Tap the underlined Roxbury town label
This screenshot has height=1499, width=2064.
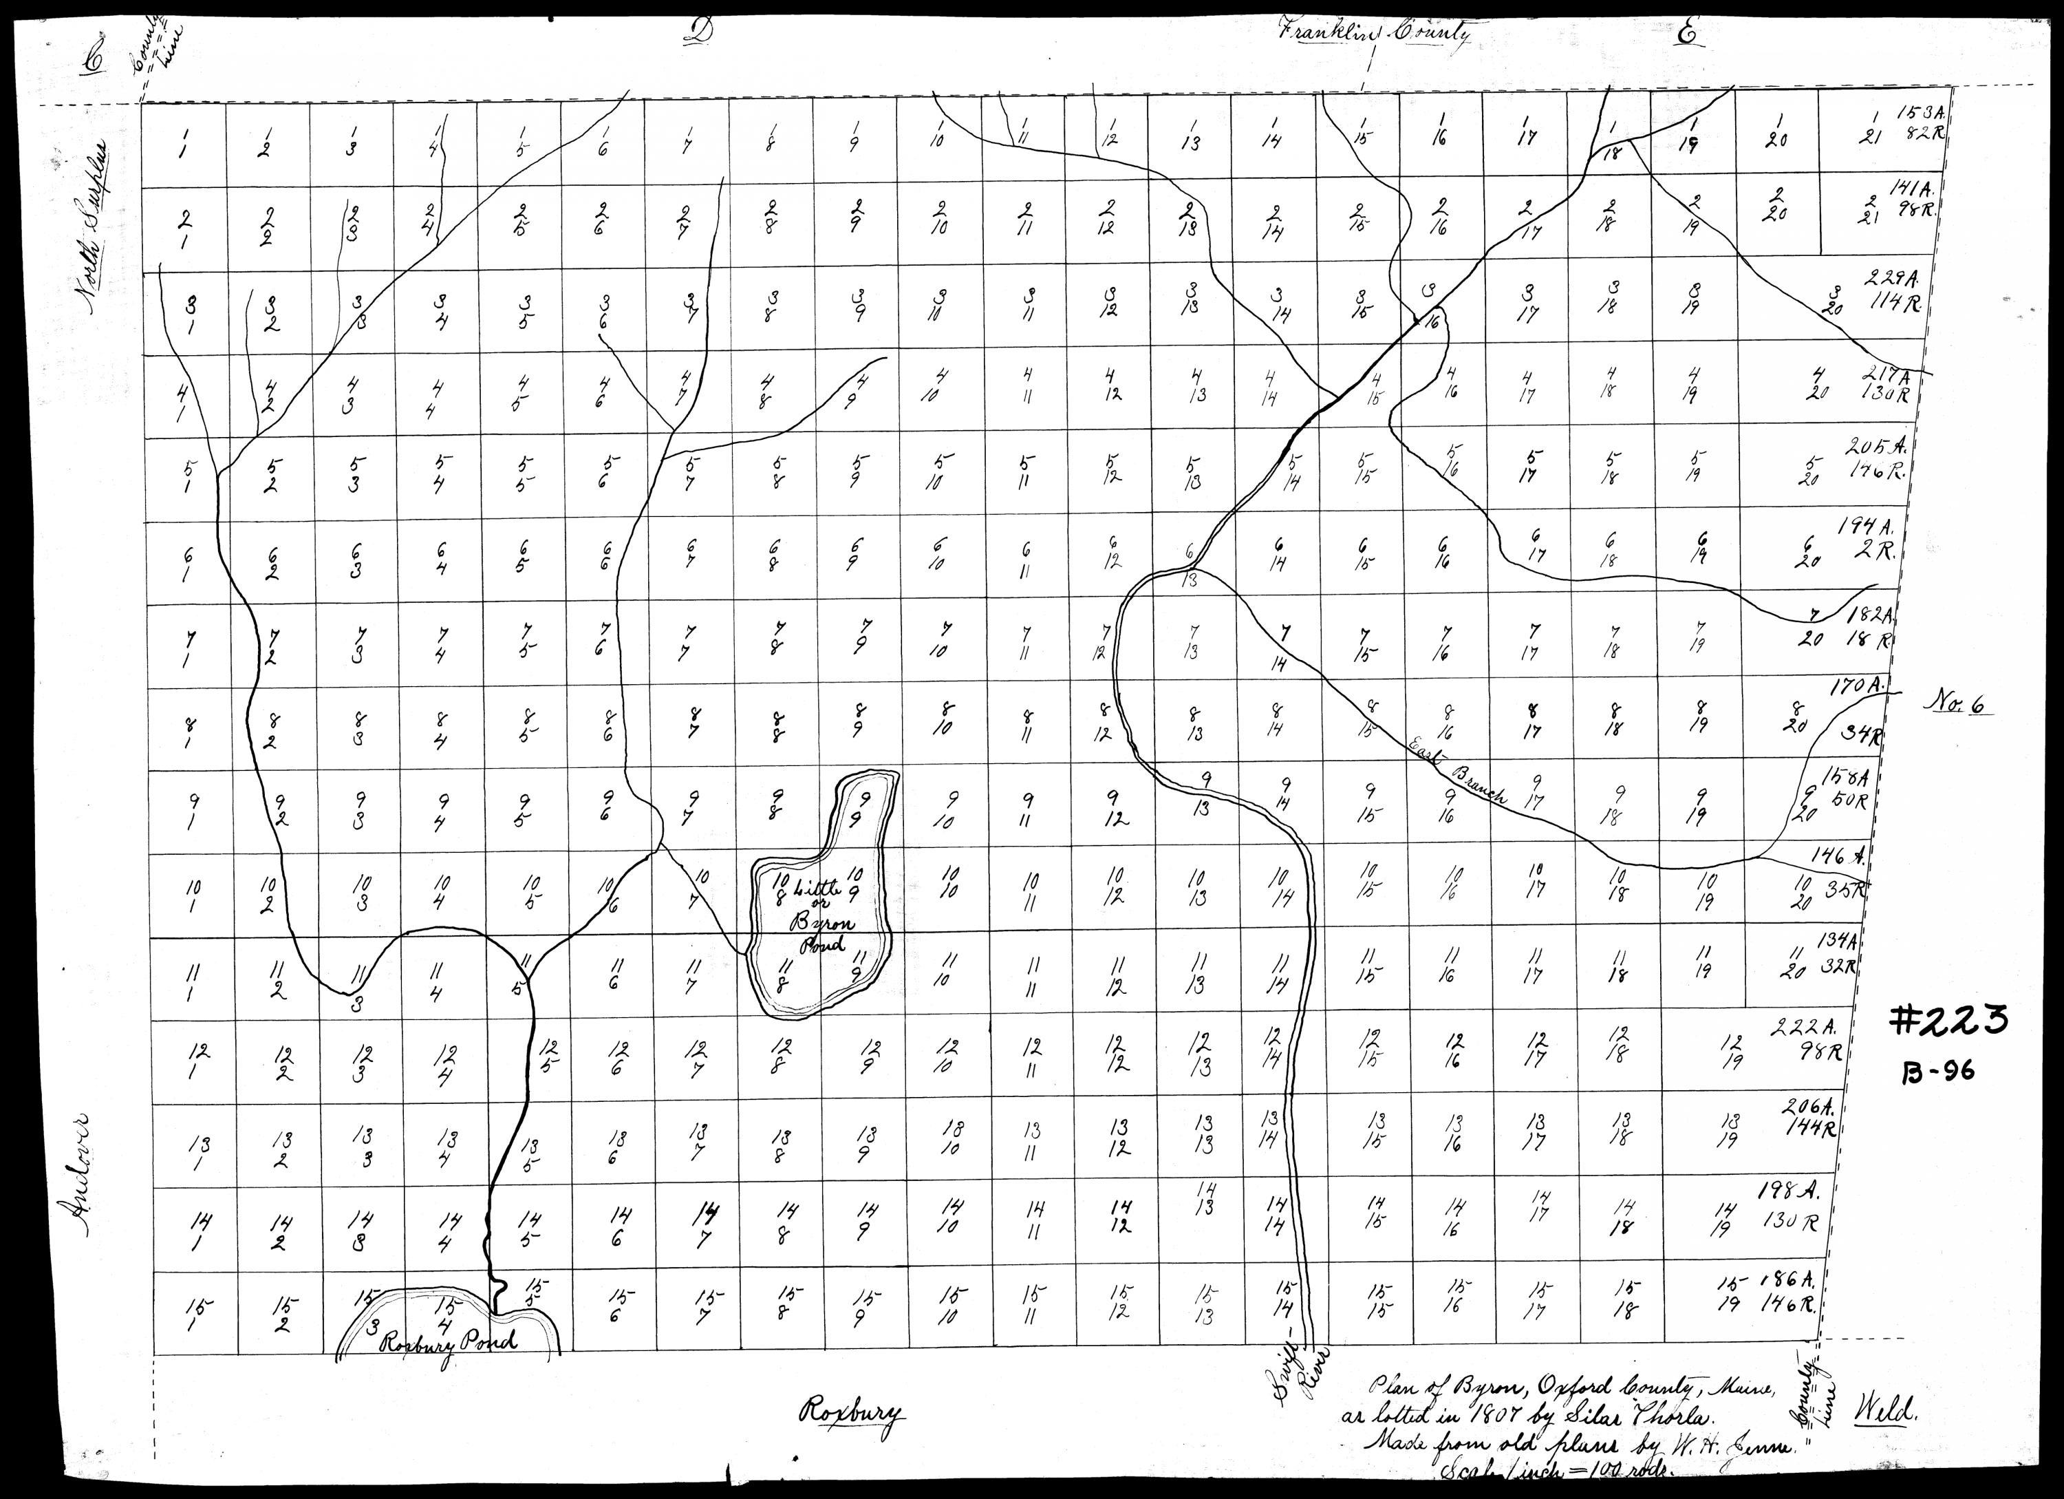click(x=852, y=1438)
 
